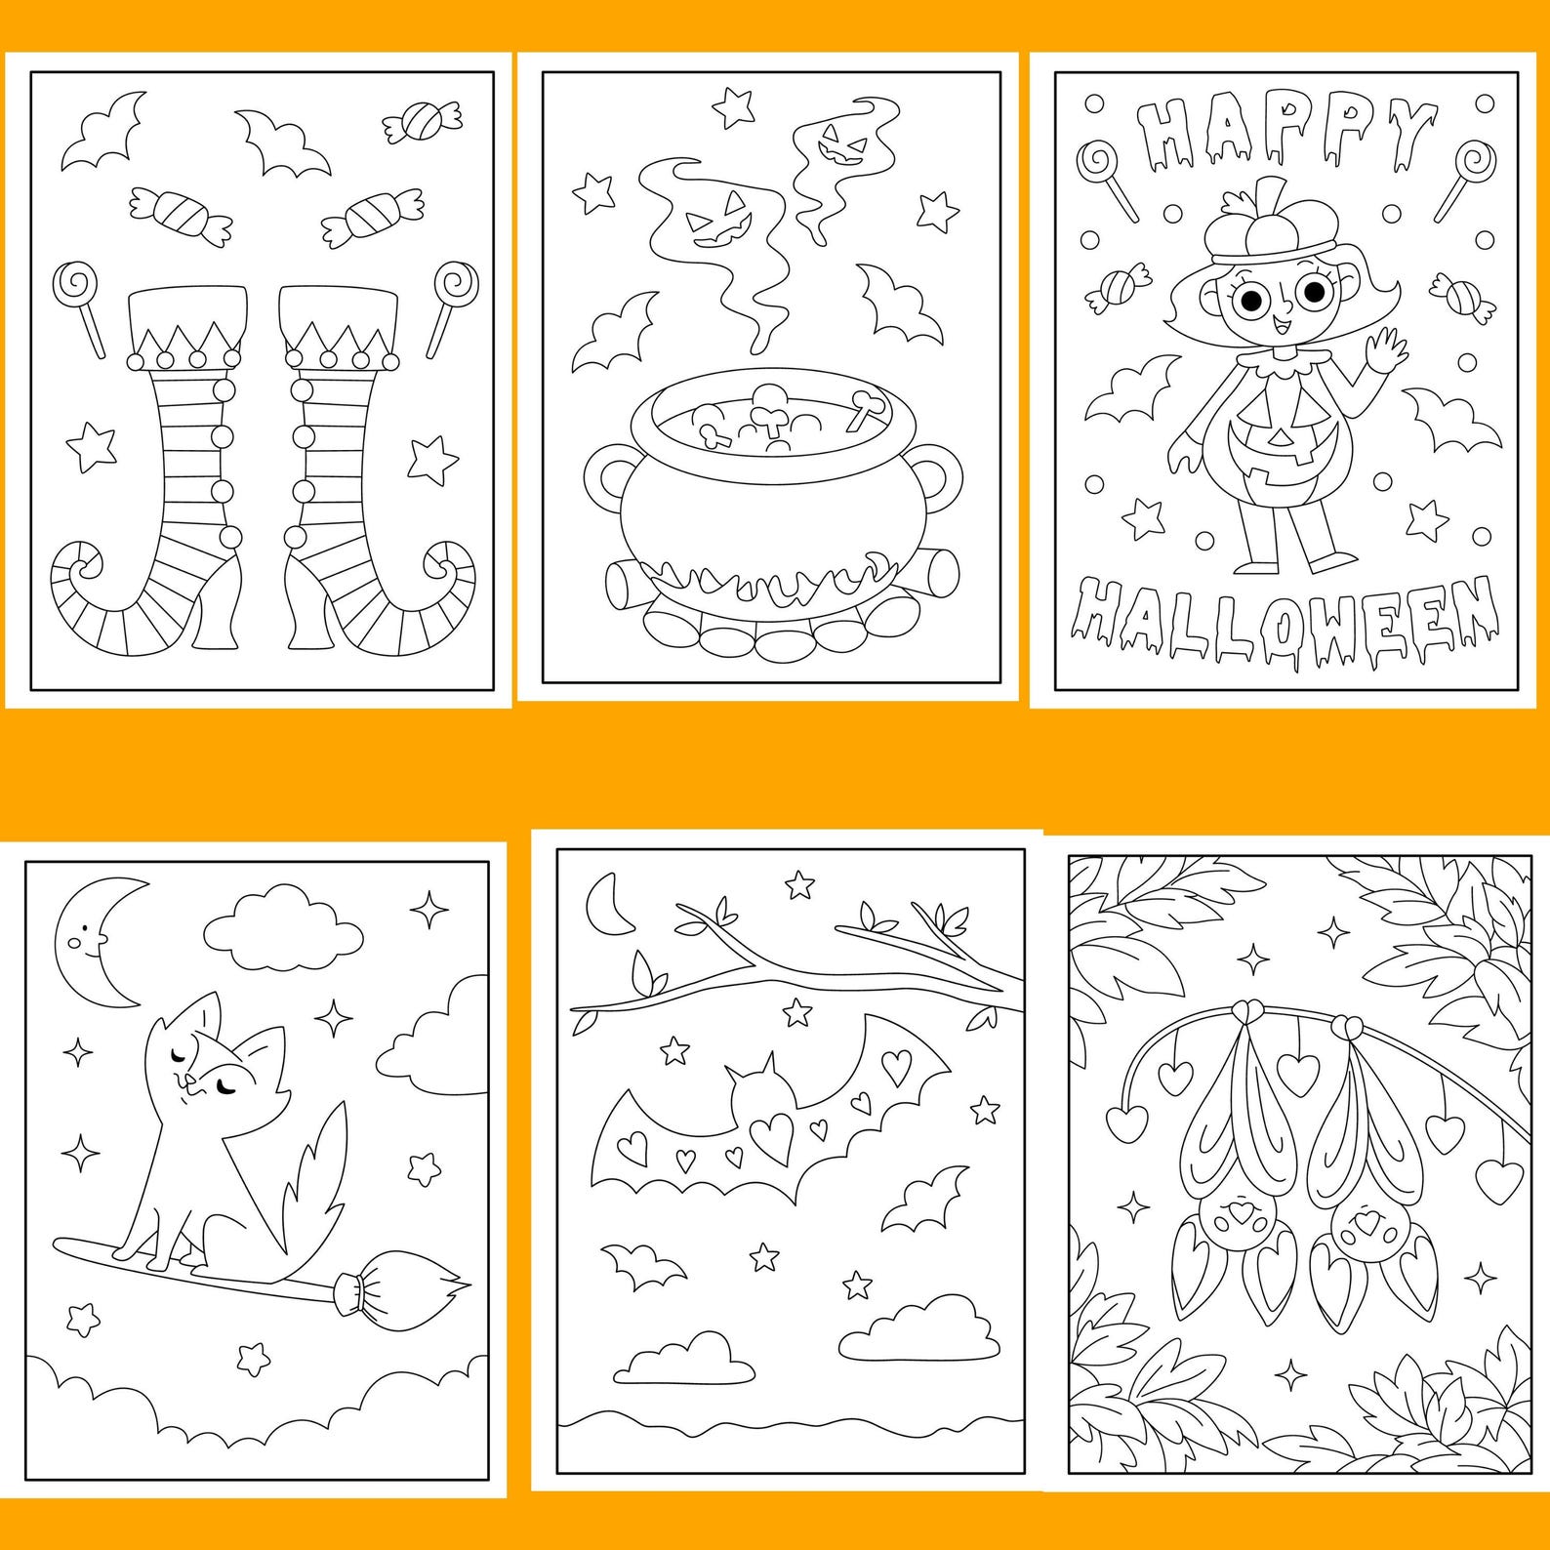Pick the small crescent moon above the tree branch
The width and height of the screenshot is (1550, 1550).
[601, 904]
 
